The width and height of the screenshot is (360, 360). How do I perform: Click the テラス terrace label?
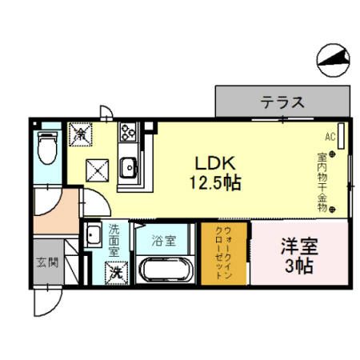pos(282,102)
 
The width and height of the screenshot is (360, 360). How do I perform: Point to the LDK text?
pos(212,162)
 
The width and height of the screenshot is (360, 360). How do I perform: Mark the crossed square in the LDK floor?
pos(98,168)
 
